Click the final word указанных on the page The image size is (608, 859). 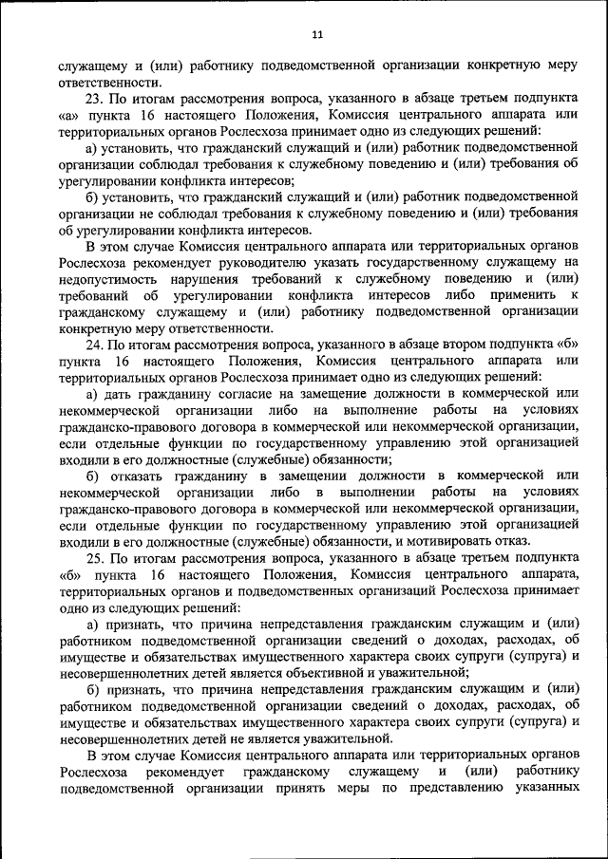pyautogui.click(x=546, y=789)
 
